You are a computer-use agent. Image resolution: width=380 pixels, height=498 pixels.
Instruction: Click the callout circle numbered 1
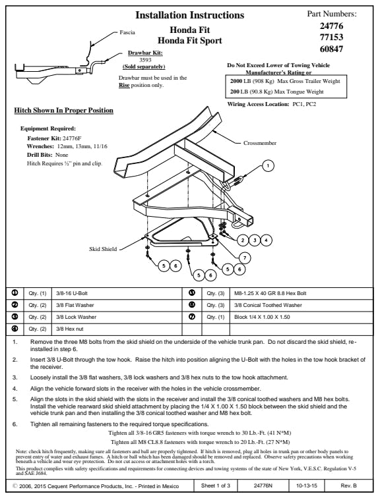268,165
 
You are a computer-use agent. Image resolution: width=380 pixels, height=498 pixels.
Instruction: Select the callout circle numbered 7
245,258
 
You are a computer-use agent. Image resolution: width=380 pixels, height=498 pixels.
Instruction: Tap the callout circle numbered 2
243,240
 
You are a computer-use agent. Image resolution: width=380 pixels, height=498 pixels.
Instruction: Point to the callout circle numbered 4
266,240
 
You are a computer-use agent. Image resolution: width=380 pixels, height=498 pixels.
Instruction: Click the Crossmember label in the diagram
260,143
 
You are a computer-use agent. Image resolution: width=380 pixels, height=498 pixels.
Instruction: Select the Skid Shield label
103,249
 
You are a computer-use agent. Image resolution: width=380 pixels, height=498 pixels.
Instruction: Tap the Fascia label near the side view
127,32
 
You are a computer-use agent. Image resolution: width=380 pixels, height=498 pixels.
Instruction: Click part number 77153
331,37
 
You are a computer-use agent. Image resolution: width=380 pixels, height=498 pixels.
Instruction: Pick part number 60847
331,49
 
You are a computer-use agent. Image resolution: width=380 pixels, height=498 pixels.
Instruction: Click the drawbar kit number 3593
145,60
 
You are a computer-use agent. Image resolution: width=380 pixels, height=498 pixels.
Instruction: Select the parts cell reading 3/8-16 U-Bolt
117,293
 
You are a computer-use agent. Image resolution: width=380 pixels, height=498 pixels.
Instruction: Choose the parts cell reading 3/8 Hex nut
117,329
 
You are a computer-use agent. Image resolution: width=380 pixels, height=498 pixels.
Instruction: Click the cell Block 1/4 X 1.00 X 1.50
301,317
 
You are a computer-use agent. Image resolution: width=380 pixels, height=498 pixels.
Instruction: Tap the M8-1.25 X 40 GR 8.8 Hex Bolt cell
301,293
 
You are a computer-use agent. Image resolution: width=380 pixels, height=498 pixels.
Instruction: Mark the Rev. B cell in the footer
349,485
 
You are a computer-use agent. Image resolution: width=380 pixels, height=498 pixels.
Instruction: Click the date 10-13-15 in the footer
307,485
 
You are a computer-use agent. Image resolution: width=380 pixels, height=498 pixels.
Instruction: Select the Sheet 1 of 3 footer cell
216,485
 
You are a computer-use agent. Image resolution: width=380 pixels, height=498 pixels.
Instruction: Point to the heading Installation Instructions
190,15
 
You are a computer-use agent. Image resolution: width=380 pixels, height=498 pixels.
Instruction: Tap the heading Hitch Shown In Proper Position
63,110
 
